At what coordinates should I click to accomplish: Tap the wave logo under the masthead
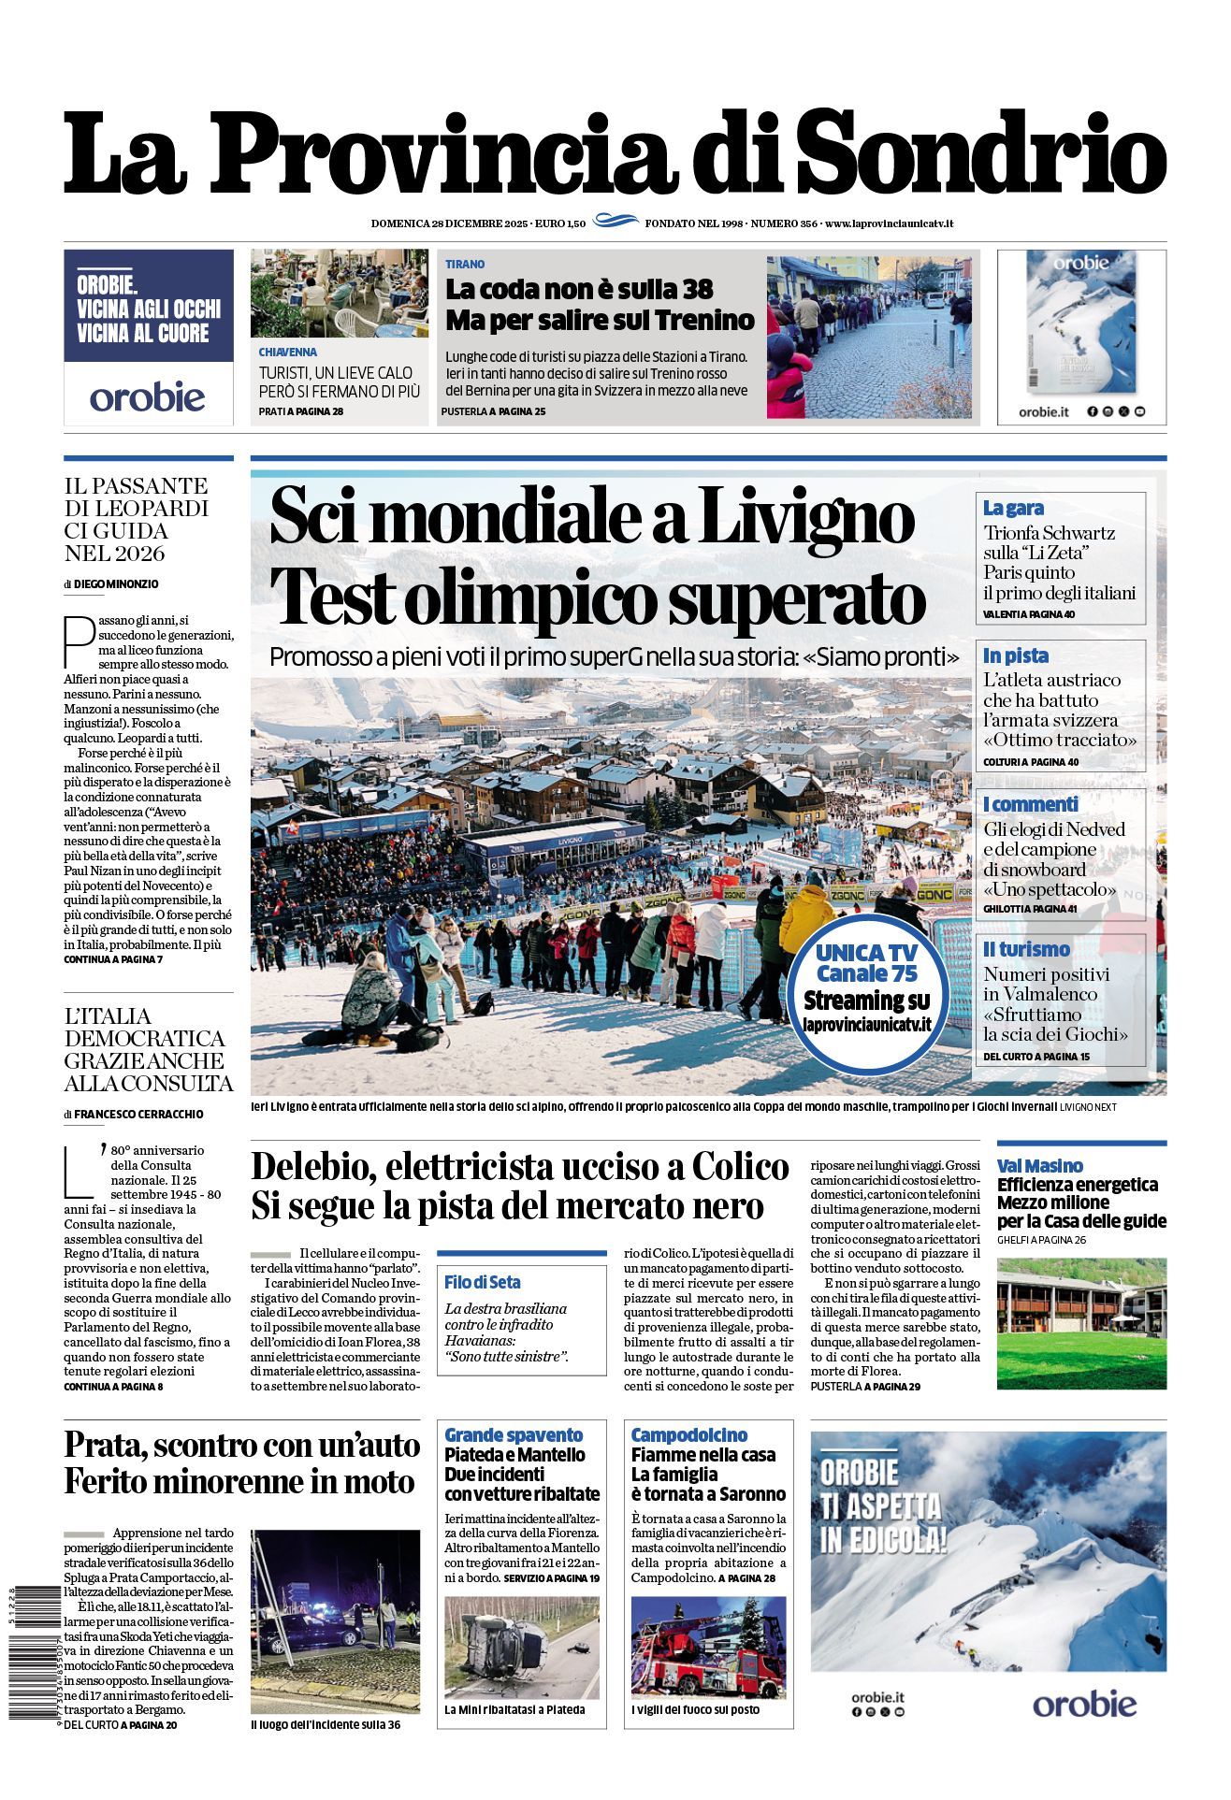(615, 222)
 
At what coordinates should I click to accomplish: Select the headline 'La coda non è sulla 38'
(579, 288)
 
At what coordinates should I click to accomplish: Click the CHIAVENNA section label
(288, 353)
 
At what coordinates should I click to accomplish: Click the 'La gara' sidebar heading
(1013, 508)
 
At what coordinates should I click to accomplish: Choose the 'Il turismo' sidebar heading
(1026, 949)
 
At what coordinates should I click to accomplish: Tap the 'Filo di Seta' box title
(483, 1282)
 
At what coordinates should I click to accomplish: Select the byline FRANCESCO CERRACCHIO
(138, 1114)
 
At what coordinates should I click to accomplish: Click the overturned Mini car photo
(521, 1648)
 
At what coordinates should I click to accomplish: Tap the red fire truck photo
(708, 1648)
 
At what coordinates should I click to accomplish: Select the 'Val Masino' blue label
(1039, 1165)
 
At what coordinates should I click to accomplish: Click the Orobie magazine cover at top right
(1080, 323)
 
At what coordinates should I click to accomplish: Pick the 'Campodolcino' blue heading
(689, 1434)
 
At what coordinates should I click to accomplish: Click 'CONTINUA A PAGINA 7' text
(113, 959)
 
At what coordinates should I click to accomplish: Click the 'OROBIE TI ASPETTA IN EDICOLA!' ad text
(883, 1506)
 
